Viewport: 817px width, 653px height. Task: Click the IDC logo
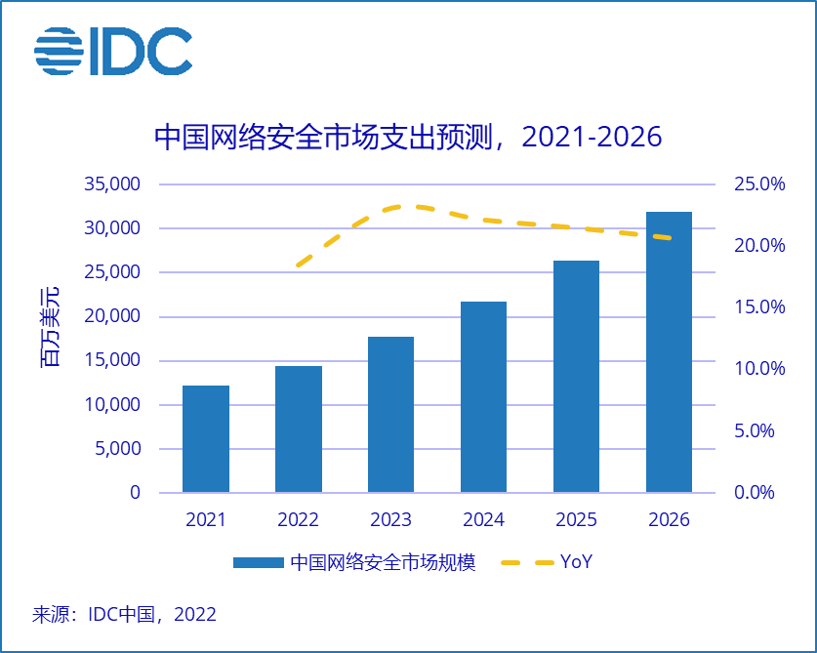[113, 51]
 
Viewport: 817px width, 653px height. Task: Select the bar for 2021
[206, 439]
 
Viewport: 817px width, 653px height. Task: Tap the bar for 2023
[390, 415]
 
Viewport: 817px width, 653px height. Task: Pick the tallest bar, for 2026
[669, 351]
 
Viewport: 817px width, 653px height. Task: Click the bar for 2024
[483, 397]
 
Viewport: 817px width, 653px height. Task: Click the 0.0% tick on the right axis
[754, 493]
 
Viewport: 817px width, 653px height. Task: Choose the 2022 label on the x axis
[299, 519]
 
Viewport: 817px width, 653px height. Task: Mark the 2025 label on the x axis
[576, 519]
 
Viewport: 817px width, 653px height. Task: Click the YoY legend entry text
[576, 562]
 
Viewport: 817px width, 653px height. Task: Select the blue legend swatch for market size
[258, 563]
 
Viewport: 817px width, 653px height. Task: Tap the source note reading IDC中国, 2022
[124, 615]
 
